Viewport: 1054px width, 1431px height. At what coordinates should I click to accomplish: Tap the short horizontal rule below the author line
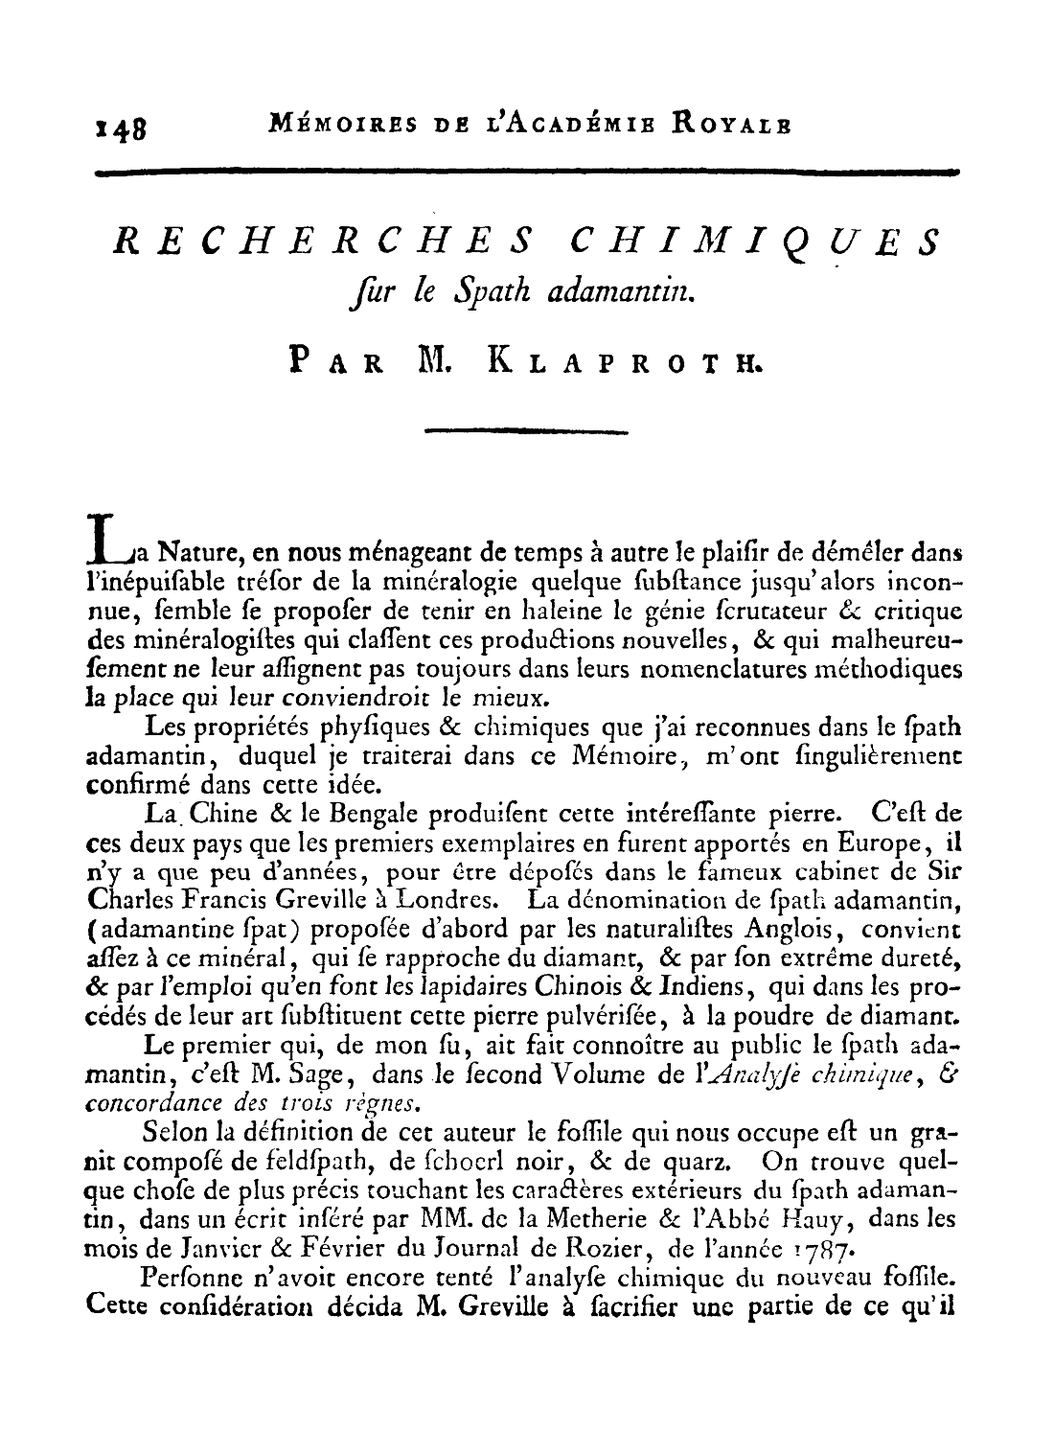(526, 431)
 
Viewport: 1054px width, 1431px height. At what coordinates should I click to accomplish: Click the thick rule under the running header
(526, 173)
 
